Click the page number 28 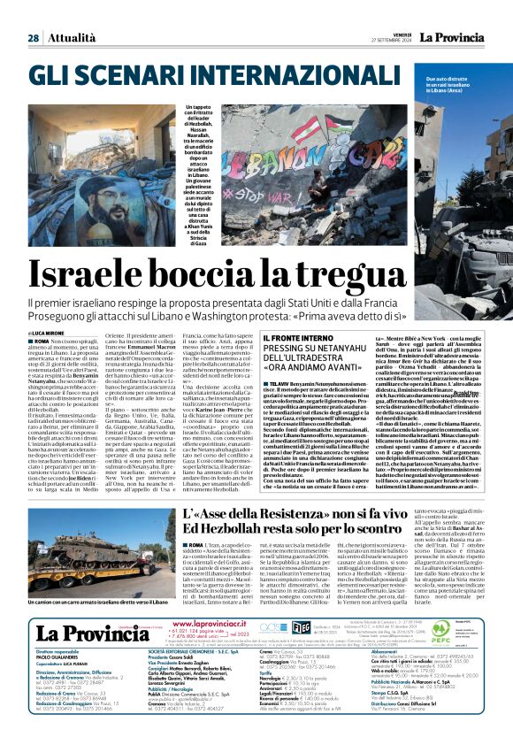pos(33,38)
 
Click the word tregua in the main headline pos(415,273)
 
